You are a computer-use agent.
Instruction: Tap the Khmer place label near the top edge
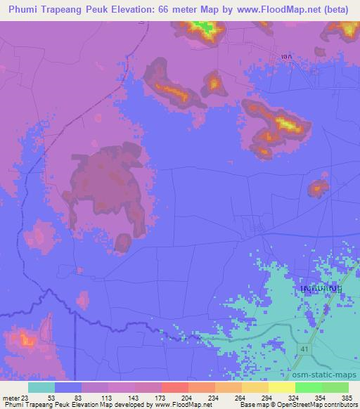285,60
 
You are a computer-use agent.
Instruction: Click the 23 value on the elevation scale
29,397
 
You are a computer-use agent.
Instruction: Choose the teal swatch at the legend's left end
41,387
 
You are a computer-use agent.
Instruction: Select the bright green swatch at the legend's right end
335,387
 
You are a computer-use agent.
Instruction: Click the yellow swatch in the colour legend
282,387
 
